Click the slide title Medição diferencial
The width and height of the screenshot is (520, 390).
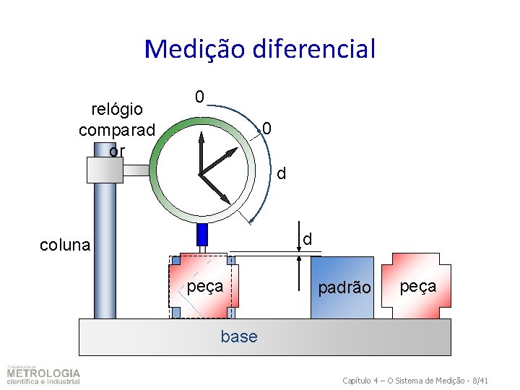[259, 49]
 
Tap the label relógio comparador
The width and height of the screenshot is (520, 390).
[117, 129]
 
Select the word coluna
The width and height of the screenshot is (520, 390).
[65, 245]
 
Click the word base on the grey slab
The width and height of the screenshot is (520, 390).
[239, 337]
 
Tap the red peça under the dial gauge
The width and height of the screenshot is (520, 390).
[203, 287]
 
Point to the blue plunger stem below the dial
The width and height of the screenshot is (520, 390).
[202, 234]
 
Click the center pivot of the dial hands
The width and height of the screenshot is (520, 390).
[201, 173]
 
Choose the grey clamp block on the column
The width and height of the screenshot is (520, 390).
[105, 170]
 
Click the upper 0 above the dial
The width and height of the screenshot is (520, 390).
[199, 97]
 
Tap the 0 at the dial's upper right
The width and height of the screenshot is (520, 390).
[266, 129]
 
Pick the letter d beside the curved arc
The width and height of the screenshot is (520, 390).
[282, 173]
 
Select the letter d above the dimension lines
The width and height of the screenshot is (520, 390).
[307, 238]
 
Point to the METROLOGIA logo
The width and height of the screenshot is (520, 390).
[43, 375]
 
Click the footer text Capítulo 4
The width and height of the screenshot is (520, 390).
[415, 380]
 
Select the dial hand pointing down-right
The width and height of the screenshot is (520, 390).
[217, 190]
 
